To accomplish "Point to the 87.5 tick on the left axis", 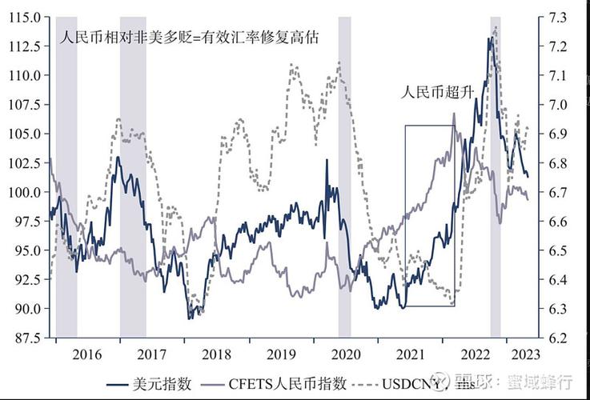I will [x=26, y=338].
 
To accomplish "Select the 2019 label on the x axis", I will [x=281, y=354].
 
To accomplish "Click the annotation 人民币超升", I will [x=438, y=92].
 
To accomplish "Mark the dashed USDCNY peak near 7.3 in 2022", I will [x=496, y=27].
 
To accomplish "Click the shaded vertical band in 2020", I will [x=344, y=176].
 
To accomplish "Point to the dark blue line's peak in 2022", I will [x=489, y=38].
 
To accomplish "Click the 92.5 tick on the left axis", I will [x=26, y=279].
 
